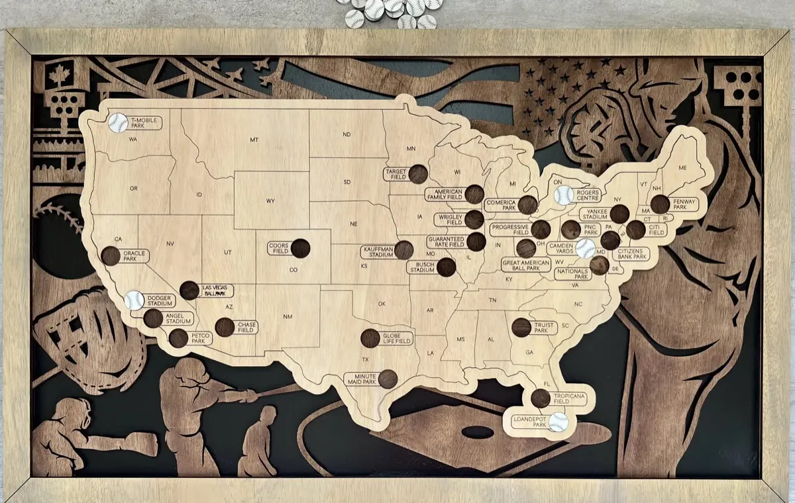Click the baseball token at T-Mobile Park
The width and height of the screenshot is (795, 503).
[118, 122]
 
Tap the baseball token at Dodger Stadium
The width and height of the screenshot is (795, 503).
[134, 300]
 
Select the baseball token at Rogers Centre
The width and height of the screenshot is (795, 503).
[564, 195]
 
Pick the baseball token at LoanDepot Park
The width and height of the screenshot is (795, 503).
[558, 422]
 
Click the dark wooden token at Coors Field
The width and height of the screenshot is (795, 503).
[300, 248]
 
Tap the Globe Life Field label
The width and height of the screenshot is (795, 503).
[397, 338]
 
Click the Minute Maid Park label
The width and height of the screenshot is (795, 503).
[361, 379]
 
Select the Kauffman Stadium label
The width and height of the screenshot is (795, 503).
[377, 251]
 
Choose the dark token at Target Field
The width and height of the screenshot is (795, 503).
[418, 174]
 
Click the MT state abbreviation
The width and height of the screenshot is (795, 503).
[254, 140]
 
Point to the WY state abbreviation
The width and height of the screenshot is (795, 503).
[270, 201]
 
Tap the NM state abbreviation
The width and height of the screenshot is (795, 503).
[288, 316]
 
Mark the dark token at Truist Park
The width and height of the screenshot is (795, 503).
[521, 327]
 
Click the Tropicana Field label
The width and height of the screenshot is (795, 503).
[570, 397]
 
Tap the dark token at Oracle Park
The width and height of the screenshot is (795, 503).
[111, 255]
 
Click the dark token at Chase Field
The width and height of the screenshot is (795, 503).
[225, 327]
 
